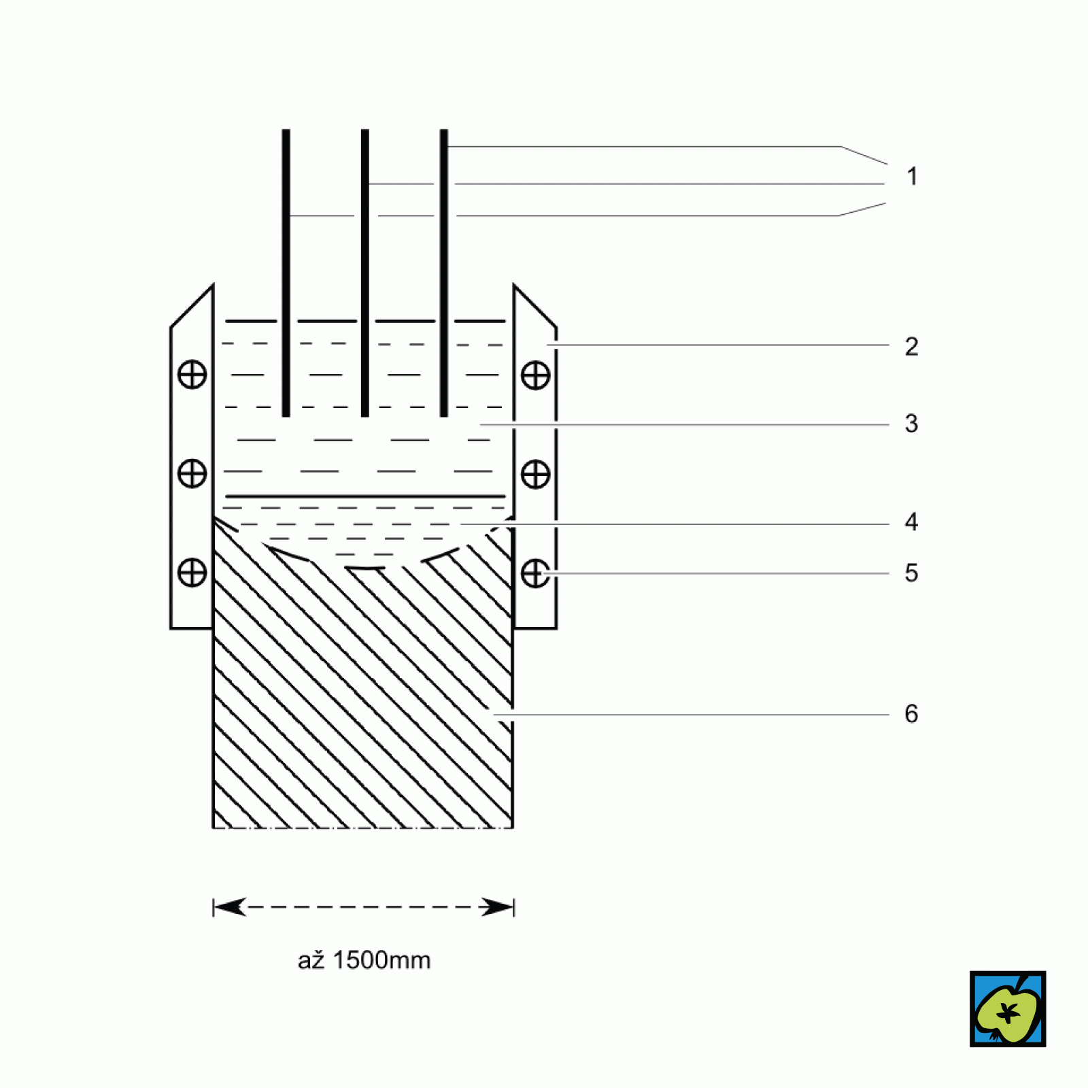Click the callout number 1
(912, 177)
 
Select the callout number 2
(912, 347)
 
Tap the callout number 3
(912, 424)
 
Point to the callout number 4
(912, 522)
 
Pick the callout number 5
(912, 573)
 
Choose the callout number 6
(912, 714)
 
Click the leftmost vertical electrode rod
(286, 273)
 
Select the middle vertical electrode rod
(365, 273)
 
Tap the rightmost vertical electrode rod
(444, 273)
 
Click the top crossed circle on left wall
(192, 375)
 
